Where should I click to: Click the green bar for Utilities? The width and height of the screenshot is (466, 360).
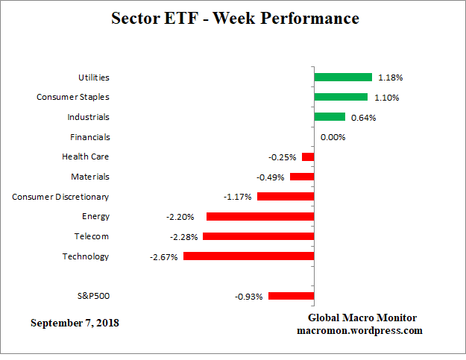[342, 77]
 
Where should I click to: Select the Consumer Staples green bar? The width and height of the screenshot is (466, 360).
[340, 97]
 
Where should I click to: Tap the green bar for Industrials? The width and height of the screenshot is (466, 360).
[329, 117]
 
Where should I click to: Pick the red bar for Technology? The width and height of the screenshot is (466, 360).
[248, 256]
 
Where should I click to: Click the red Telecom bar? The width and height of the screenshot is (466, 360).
[258, 236]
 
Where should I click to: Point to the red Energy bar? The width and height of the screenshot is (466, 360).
[259, 216]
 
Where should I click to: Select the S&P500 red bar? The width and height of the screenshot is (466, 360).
[291, 296]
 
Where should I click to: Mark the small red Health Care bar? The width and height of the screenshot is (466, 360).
[307, 157]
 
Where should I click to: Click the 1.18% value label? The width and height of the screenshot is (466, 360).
[390, 78]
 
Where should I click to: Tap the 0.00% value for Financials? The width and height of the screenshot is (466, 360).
[333, 137]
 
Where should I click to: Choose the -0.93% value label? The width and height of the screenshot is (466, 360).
[249, 297]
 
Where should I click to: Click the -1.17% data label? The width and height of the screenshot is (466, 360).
[238, 198]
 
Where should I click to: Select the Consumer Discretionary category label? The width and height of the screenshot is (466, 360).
[60, 197]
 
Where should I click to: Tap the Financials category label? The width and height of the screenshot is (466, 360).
[89, 137]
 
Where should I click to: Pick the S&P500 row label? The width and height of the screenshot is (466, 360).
[93, 296]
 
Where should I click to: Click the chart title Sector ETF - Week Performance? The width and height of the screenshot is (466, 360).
[235, 18]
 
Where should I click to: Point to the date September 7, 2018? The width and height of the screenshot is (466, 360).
[75, 323]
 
